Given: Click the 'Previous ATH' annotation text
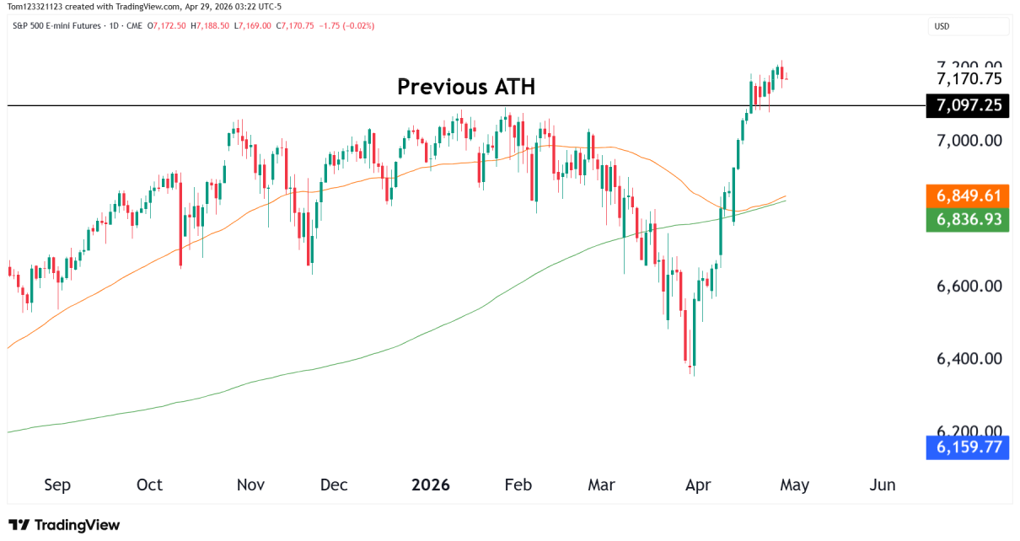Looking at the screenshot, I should (465, 87).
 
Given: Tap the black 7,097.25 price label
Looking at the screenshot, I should (968, 105).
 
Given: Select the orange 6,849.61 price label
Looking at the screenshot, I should (968, 196).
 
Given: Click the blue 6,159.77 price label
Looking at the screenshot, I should (968, 447).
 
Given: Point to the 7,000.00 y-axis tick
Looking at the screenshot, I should (969, 140).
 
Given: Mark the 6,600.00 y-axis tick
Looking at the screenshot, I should (969, 286).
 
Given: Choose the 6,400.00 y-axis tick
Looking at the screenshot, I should (969, 358).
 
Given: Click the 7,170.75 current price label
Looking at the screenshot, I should (969, 79).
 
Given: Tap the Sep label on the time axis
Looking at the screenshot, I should (57, 485).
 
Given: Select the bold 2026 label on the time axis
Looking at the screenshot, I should (430, 485).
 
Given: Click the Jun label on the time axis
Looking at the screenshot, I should (882, 485).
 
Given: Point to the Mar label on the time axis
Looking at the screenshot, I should (601, 485).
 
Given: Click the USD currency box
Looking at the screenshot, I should (969, 26).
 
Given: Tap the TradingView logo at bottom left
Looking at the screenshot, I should (64, 525).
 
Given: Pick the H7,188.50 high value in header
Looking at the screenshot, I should (210, 26).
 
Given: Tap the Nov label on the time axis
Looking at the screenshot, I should (251, 485).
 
